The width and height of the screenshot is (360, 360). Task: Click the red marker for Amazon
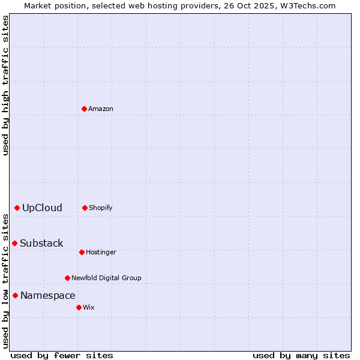85,109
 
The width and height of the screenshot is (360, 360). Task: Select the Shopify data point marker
85,208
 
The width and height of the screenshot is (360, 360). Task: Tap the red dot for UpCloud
17,208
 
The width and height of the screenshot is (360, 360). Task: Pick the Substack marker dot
14,243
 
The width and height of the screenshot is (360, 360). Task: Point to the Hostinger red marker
82,252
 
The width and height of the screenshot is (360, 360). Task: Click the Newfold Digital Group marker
67,278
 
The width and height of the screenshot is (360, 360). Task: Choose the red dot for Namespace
15,295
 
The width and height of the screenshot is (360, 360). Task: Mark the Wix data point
79,307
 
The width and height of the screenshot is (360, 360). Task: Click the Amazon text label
101,109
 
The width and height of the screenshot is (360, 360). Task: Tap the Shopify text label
101,208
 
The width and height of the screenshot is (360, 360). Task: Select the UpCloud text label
42,208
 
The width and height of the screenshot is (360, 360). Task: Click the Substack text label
41,243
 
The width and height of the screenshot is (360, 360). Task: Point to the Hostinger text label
101,252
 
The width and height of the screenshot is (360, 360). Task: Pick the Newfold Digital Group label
106,278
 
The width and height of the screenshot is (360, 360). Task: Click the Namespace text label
48,295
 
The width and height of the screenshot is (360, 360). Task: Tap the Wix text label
89,307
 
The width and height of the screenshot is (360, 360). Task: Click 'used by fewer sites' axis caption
62,355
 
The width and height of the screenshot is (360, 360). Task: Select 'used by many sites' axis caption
301,355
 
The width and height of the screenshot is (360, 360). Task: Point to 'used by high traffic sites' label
5,85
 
